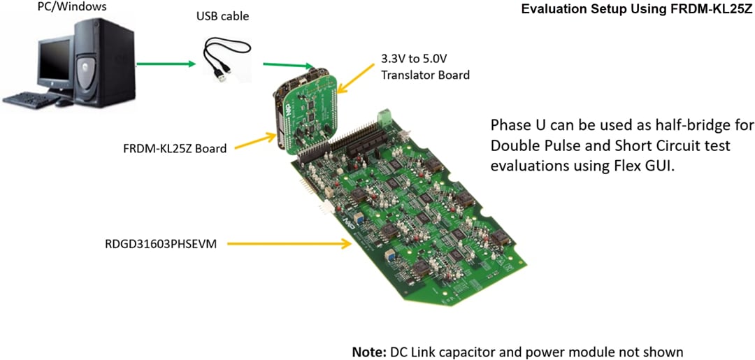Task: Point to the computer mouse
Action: pyautogui.click(x=64, y=102)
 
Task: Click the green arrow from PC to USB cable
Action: pyautogui.click(x=165, y=64)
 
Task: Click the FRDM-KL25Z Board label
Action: pyautogui.click(x=174, y=148)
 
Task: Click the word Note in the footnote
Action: pyautogui.click(x=368, y=351)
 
